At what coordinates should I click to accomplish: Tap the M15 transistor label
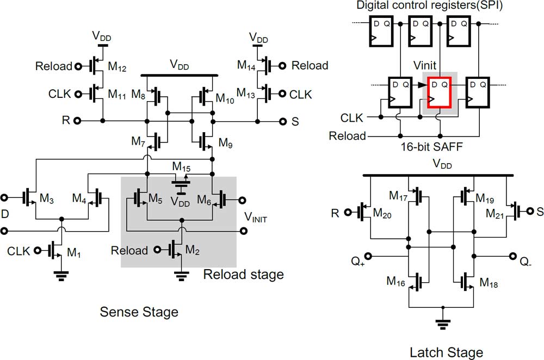point(182,167)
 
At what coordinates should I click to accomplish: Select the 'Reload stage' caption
point(244,274)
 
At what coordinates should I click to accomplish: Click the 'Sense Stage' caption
point(139,312)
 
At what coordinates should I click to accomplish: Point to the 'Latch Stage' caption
point(447,352)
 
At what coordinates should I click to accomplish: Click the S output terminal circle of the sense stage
point(283,121)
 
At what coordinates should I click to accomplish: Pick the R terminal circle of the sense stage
point(77,121)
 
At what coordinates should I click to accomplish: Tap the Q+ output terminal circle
point(368,256)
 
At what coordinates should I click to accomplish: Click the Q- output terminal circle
point(513,256)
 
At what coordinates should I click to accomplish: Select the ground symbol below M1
point(61,276)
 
